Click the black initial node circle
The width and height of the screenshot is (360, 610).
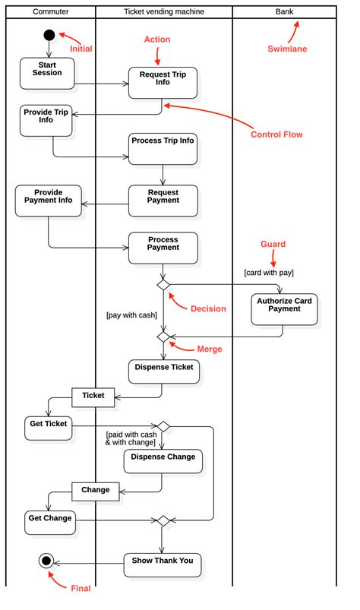pyautogui.click(x=49, y=34)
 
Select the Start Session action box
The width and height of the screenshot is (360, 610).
pyautogui.click(x=48, y=72)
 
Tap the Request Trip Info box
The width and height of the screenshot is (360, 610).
pyautogui.click(x=163, y=83)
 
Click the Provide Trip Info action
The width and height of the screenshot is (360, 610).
pyautogui.click(x=46, y=120)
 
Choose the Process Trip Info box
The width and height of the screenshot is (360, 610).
pyautogui.click(x=163, y=148)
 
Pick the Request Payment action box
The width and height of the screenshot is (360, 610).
pyautogui.click(x=163, y=201)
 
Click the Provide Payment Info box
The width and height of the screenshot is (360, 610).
pyautogui.click(x=49, y=201)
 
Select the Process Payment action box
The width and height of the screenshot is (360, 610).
pyautogui.click(x=163, y=248)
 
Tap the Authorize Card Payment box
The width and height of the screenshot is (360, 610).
pyautogui.click(x=284, y=309)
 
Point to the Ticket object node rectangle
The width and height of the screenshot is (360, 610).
pyautogui.click(x=93, y=396)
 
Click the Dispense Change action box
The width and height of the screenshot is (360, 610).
pyautogui.click(x=163, y=462)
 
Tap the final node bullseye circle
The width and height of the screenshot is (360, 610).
pyautogui.click(x=46, y=561)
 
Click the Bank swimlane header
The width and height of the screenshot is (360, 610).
pyautogui.click(x=284, y=11)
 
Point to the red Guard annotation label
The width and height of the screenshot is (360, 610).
pyautogui.click(x=273, y=244)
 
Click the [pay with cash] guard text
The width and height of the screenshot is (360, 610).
pyautogui.click(x=131, y=314)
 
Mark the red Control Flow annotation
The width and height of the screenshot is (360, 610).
pyautogui.click(x=276, y=134)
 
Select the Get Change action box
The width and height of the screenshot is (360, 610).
pyautogui.click(x=50, y=523)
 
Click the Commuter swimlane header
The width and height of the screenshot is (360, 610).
pyautogui.click(x=51, y=11)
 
